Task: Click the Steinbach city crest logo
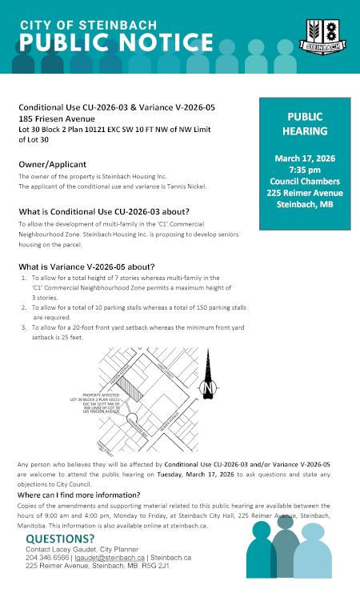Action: (324, 37)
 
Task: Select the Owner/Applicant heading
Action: (57, 164)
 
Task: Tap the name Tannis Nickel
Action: (186, 186)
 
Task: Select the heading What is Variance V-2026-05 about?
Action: (87, 266)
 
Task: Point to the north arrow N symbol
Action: (210, 387)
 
